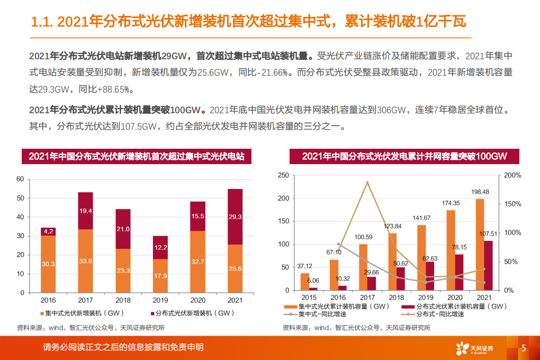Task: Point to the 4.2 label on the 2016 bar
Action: [48, 231]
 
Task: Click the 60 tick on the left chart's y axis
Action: [21, 179]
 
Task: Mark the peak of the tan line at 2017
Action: [367, 183]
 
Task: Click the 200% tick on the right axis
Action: [513, 175]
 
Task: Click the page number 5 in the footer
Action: [523, 348]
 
